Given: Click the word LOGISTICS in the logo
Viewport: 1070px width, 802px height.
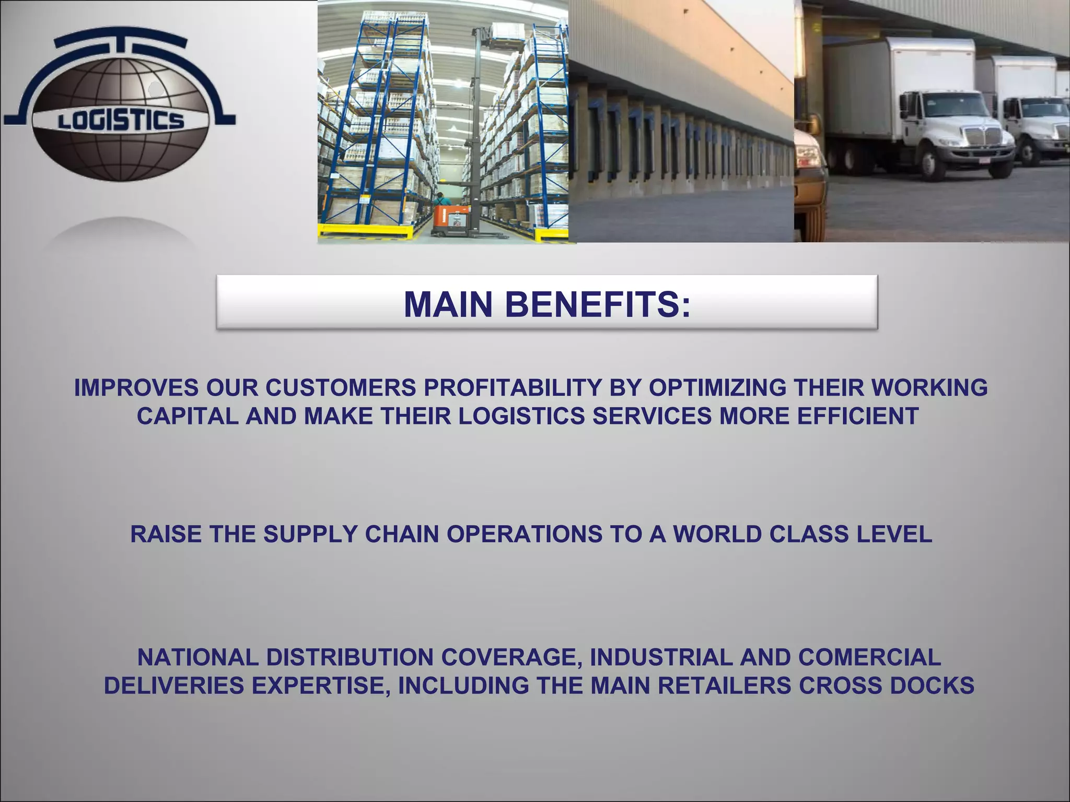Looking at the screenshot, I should coord(121,121).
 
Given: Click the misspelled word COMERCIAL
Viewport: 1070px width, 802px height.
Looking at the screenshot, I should coord(869,657).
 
